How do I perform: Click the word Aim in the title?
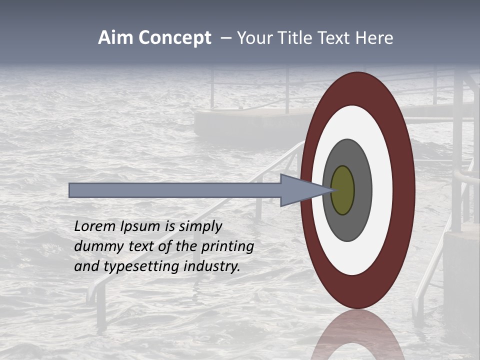tap(116, 38)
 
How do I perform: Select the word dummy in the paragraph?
tap(97, 246)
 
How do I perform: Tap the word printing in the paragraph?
tap(227, 247)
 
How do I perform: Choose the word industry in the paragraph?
tap(212, 266)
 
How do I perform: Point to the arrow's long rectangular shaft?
tap(175, 190)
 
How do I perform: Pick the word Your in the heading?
tap(253, 38)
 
